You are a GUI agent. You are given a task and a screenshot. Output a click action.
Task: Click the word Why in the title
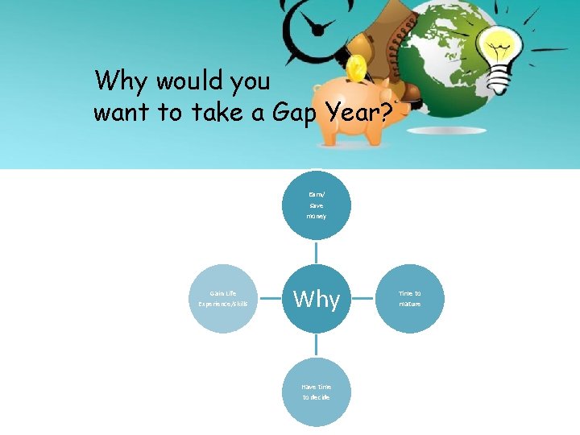pos(118,81)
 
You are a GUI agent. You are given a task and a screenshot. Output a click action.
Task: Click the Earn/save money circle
pos(317,205)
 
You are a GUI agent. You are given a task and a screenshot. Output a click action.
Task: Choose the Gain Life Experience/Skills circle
pos(223,299)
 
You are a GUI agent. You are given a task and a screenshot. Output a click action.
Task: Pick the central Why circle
pos(317,299)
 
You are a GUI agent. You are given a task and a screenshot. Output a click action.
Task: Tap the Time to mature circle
pos(409,299)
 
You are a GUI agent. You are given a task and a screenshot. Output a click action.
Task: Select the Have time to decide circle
pos(317,391)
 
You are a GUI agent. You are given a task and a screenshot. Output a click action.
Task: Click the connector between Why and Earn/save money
pos(317,252)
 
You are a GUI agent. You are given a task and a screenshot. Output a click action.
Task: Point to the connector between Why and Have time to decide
pos(317,346)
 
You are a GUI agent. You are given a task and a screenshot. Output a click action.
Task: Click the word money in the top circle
pos(317,216)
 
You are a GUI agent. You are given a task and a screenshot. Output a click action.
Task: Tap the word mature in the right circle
pos(409,304)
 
